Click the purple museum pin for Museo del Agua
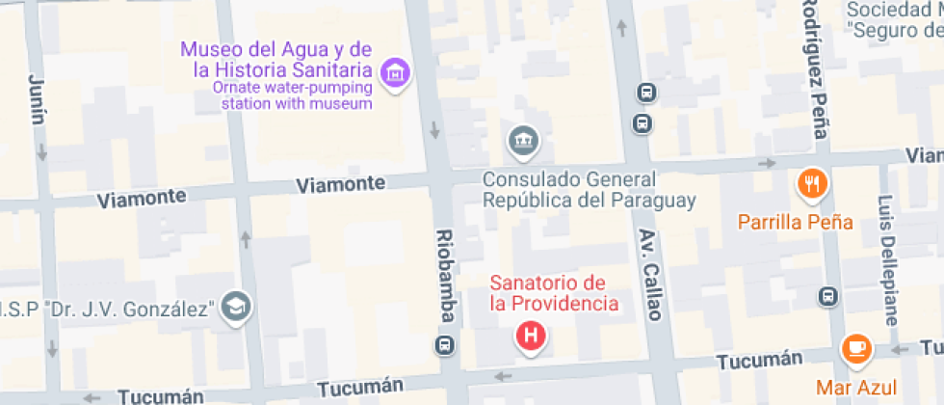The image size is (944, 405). [395, 72]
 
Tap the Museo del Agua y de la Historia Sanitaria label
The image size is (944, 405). [277, 60]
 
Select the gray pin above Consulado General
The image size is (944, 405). [523, 141]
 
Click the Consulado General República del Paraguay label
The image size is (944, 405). [589, 190]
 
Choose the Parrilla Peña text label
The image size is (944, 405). [795, 222]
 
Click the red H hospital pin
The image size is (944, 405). [531, 337]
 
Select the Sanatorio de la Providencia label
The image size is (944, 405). [553, 293]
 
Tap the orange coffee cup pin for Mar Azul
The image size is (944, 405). [856, 348]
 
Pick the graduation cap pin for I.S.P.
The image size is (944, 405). [233, 307]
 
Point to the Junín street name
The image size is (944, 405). [38, 99]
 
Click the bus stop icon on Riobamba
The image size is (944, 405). [445, 346]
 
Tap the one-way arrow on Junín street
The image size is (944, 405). [42, 152]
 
